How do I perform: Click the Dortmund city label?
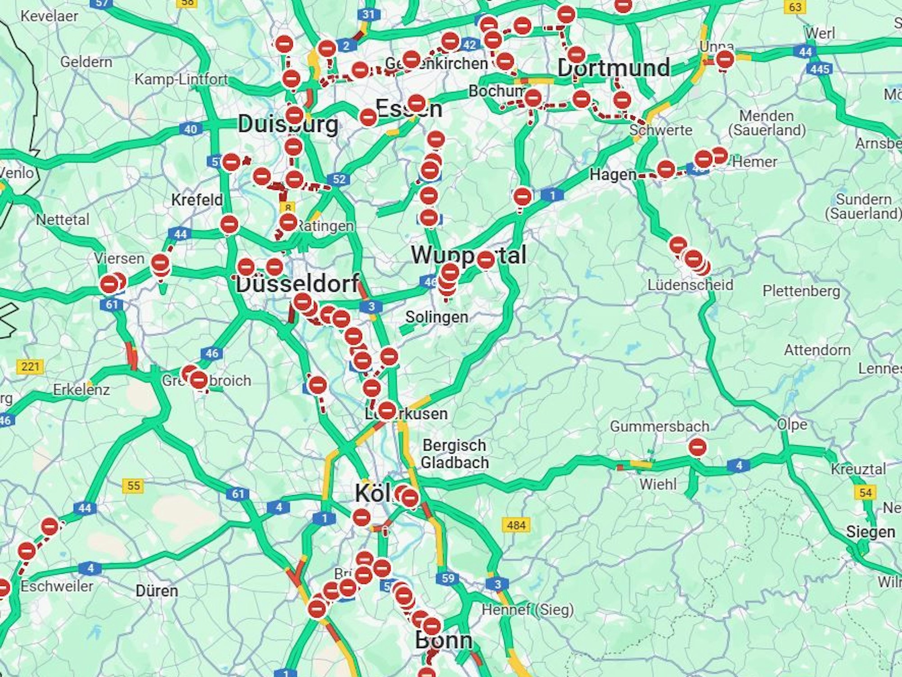click(x=614, y=68)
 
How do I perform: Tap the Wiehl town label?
click(x=658, y=484)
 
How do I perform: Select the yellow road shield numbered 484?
click(x=516, y=525)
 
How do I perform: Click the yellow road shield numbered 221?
click(x=30, y=366)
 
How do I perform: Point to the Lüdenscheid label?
click(x=690, y=285)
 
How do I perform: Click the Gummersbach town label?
click(x=659, y=426)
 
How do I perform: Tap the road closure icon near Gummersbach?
click(x=697, y=447)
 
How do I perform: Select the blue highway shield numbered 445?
click(x=819, y=69)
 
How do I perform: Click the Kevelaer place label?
click(x=49, y=16)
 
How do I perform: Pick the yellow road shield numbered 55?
click(x=133, y=486)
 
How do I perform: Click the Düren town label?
click(x=156, y=590)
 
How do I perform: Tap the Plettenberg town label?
click(x=801, y=291)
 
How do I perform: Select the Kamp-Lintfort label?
click(x=181, y=79)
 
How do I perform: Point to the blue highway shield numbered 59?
click(x=448, y=578)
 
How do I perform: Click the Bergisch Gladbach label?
click(x=455, y=454)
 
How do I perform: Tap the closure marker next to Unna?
click(x=725, y=59)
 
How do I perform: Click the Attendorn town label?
click(x=817, y=350)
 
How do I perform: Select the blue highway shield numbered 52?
click(x=339, y=179)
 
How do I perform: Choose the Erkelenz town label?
click(x=81, y=389)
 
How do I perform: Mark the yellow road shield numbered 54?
click(x=865, y=492)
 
